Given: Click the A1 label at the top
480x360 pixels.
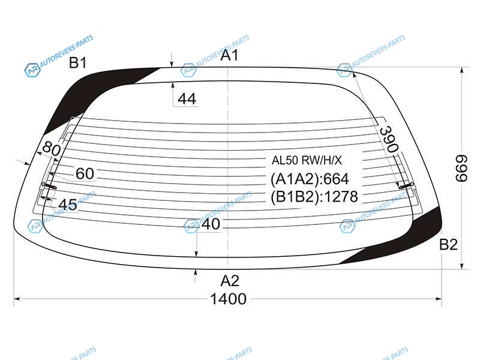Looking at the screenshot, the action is coord(229,55).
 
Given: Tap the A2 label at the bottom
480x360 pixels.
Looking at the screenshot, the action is coord(230,281).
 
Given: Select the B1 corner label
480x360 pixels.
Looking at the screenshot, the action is coord(78,63).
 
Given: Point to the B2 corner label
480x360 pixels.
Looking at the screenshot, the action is coord(448,245).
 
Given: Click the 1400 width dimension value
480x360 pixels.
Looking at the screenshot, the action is coord(229,299).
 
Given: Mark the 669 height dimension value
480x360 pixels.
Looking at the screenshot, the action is coord(461,169).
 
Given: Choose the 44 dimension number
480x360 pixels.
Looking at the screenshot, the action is coord(187,99).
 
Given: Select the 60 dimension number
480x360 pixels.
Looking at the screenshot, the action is coord(85,173).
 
